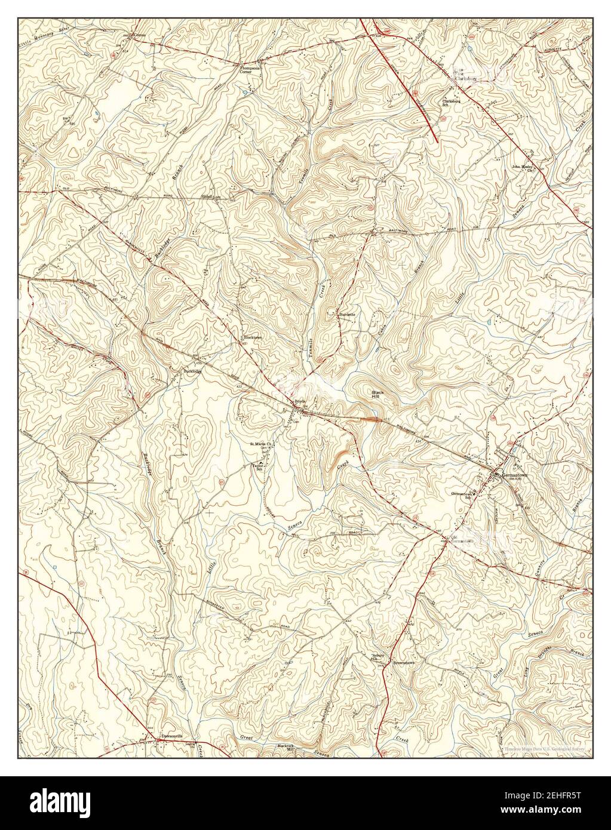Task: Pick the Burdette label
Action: pos(347,314)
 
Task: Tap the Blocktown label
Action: pos(253,337)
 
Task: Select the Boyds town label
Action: pos(300,402)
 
